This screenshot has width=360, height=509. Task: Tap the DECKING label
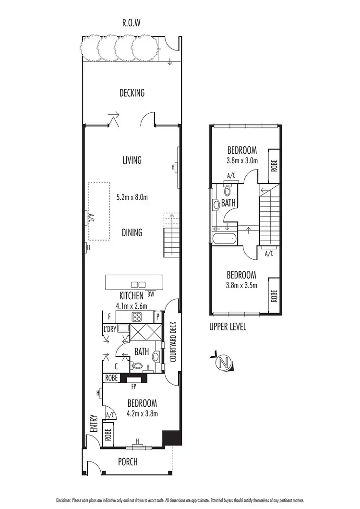click(132, 93)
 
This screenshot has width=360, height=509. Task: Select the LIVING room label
click(132, 160)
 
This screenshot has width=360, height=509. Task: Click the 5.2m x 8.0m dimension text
click(132, 197)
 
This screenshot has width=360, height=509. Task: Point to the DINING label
click(132, 233)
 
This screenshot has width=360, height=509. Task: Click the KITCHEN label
click(126, 295)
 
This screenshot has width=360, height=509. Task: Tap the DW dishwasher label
click(151, 294)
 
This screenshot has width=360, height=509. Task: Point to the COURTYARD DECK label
click(173, 341)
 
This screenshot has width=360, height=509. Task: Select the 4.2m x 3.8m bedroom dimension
click(142, 413)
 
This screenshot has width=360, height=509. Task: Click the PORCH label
click(128, 462)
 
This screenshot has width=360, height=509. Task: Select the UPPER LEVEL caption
click(228, 327)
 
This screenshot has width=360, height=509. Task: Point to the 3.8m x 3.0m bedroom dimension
click(242, 160)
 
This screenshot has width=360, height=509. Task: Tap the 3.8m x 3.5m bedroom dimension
click(242, 285)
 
